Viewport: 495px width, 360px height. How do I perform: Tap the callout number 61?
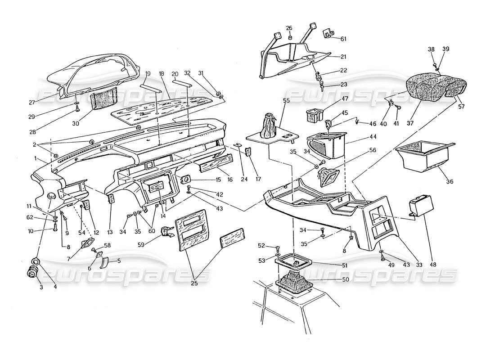point(344,39)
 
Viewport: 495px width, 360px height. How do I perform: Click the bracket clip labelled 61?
point(328,34)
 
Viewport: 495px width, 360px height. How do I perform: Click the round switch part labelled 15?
point(184,180)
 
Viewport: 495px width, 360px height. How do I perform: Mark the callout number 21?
point(344,57)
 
